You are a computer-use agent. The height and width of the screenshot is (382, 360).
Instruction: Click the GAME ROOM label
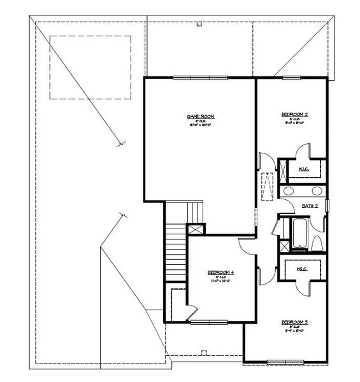[200, 117]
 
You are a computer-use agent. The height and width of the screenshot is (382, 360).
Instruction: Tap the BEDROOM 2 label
[294, 115]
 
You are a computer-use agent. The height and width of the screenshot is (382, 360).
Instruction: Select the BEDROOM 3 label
[294, 323]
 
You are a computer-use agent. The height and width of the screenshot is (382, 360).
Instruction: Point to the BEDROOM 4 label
[220, 272]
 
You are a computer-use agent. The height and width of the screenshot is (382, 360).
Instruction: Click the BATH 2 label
[310, 206]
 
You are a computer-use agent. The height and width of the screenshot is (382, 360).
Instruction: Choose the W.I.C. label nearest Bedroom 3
[301, 269]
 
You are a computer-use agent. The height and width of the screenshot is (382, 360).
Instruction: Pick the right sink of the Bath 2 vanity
[316, 191]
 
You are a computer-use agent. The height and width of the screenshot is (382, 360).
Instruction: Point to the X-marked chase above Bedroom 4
[196, 230]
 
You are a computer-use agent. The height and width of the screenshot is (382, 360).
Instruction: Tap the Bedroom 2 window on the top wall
[292, 78]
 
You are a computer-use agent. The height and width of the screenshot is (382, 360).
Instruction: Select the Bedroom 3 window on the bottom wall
[285, 362]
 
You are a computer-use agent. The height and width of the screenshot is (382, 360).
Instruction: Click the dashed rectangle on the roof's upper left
[90, 67]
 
